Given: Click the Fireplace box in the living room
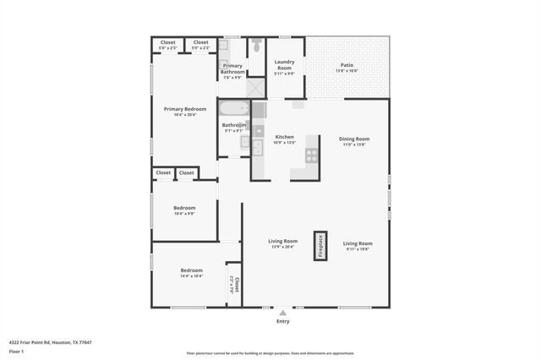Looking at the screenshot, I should pos(320,246).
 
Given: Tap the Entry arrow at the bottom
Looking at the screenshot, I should pos(282,313).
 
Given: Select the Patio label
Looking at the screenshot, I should pos(347,66).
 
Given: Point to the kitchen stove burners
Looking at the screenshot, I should pos(311,155).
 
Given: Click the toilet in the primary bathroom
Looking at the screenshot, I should pos(256,45).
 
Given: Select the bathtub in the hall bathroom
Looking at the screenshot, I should pos(234,108).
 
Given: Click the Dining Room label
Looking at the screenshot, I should pos(354,140).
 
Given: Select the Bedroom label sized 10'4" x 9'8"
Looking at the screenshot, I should pos(184,210).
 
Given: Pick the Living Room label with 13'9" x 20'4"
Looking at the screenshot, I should pos(283,243).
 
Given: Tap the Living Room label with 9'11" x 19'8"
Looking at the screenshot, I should pos(358,245).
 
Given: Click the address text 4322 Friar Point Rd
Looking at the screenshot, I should pos(50,342).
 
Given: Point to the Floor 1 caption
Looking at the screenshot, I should pos(15,350).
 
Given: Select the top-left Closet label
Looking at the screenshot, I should pos(167,43).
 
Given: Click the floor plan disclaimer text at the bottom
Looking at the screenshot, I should pos(270,353).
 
